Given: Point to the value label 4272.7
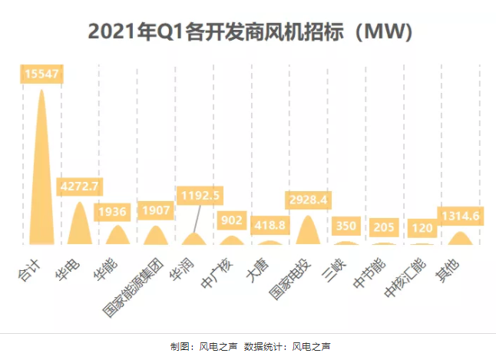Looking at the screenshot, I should (80, 187).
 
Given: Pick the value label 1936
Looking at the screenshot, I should (117, 210).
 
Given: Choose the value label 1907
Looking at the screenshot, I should (155, 210).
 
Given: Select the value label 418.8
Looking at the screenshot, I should (269, 225).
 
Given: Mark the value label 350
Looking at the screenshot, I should (345, 226).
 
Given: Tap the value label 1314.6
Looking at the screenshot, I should (458, 216).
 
